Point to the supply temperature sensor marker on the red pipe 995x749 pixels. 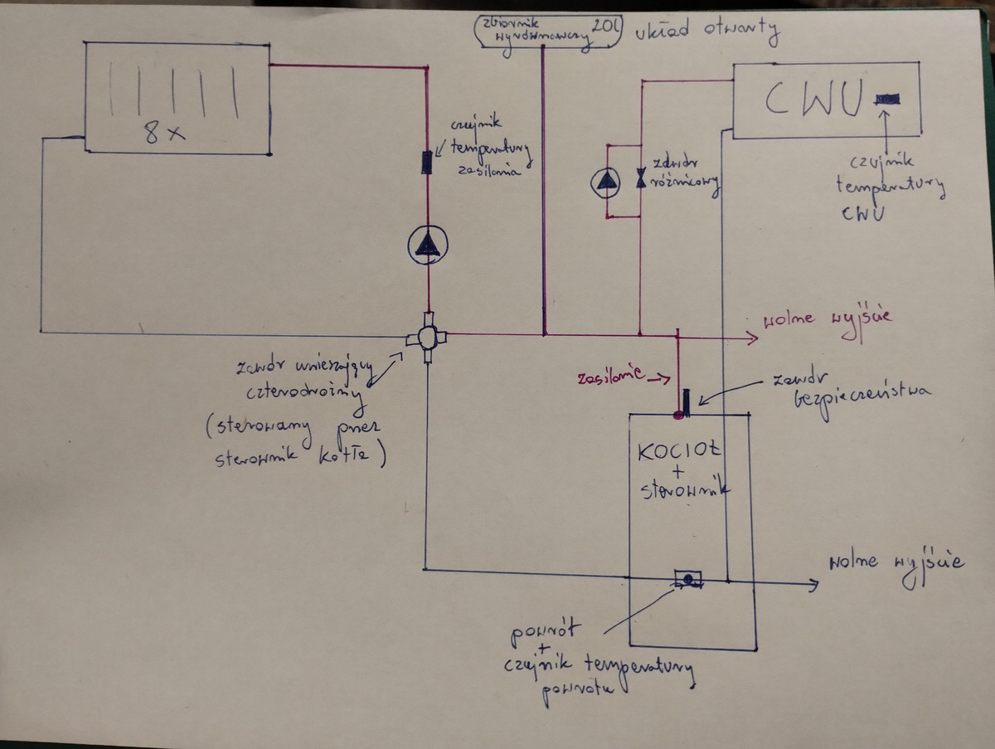tap(427, 162)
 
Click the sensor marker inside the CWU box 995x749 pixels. tap(886, 100)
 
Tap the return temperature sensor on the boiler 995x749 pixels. tap(687, 577)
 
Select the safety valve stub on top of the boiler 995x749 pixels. tap(687, 400)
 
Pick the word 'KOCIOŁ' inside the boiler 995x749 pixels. tap(679, 454)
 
